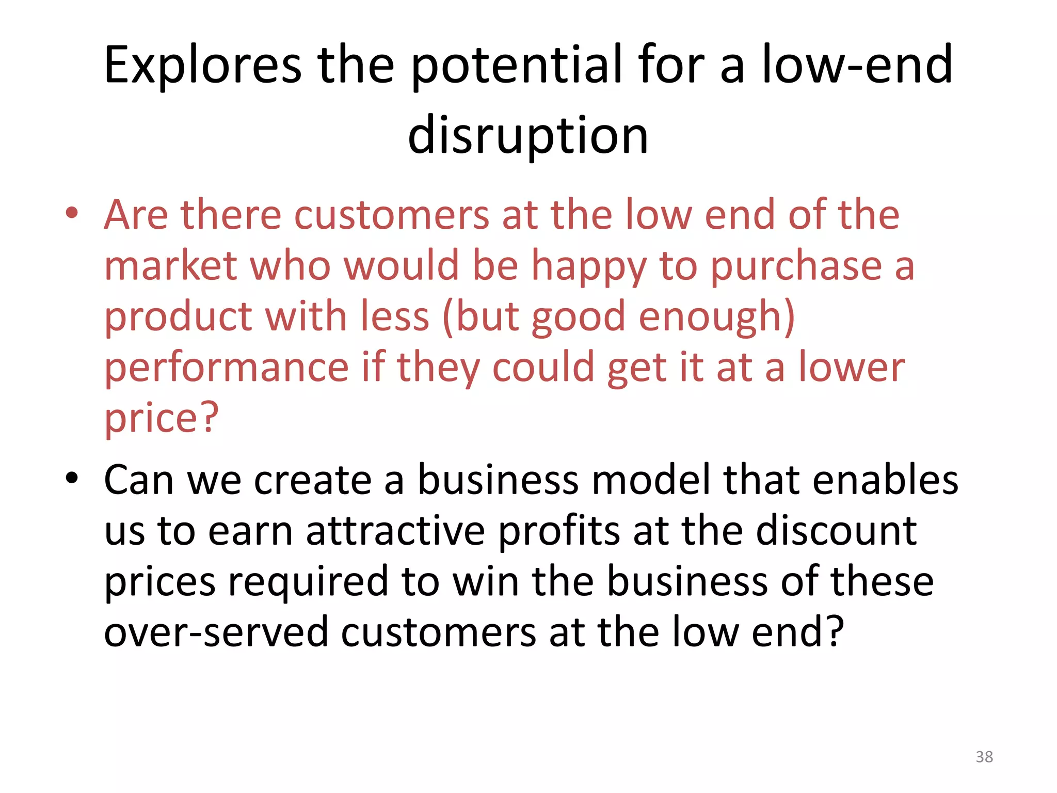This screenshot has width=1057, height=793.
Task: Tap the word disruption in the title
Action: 527,135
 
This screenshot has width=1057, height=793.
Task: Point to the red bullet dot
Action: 72,213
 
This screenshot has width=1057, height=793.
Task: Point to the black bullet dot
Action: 72,478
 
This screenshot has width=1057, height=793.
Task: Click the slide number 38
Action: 984,757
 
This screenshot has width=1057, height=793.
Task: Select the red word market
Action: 170,265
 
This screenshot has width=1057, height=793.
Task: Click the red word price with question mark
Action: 162,418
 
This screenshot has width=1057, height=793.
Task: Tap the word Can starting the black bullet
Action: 138,480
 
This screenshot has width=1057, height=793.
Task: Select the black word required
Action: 308,581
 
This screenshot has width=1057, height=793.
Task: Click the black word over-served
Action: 216,632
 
